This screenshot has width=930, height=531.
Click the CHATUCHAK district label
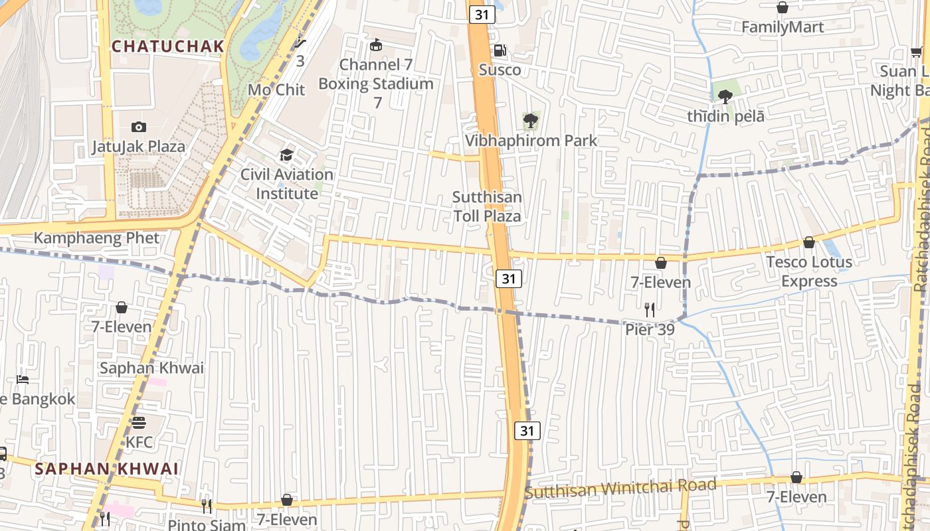point(167,46)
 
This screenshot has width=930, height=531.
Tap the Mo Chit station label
point(276,90)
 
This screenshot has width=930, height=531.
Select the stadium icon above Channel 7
point(376,45)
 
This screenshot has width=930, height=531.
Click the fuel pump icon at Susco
point(500,50)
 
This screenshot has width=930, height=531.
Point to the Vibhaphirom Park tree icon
point(530,121)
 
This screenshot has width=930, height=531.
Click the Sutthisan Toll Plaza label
point(487,206)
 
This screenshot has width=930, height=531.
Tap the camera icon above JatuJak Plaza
point(139,127)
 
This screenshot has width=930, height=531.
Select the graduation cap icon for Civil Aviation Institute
point(286,155)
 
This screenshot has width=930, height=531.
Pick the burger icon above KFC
point(139,422)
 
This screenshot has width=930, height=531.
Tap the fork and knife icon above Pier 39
point(650,309)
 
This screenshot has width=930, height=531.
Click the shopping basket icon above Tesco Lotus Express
point(809,242)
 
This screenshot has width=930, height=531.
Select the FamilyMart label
point(783,27)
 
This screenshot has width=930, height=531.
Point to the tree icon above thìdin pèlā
point(725,97)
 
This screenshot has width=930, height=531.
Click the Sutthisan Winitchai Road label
point(620,489)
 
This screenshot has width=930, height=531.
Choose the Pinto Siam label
point(206,524)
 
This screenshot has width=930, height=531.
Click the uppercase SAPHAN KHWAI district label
point(106,469)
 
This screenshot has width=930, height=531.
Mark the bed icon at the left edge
point(23,380)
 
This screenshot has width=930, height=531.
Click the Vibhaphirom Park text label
point(531,141)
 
